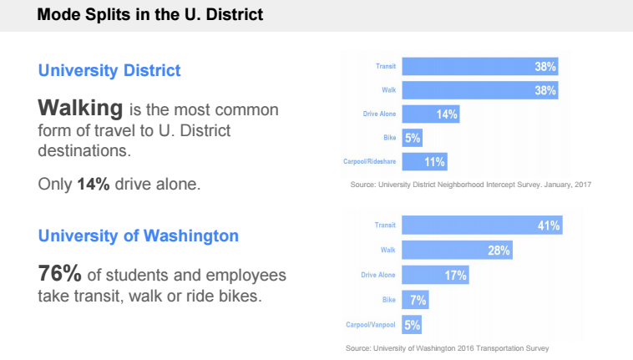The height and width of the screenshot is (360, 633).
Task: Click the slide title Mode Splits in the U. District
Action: click(x=149, y=15)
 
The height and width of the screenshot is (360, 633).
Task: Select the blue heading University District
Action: click(x=109, y=70)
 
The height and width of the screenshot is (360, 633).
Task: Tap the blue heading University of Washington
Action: click(x=139, y=236)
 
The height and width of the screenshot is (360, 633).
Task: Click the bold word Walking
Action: click(x=81, y=109)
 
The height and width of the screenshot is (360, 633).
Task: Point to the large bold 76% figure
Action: click(x=59, y=274)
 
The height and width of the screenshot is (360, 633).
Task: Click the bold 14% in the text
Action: click(x=94, y=184)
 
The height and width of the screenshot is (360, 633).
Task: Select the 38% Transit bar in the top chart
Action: click(x=480, y=66)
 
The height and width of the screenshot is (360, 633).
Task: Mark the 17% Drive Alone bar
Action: click(x=435, y=274)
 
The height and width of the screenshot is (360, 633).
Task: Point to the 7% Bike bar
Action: click(x=416, y=299)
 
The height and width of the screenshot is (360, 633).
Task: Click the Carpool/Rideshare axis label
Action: click(x=369, y=162)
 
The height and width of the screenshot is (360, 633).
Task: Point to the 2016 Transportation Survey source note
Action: click(x=447, y=347)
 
